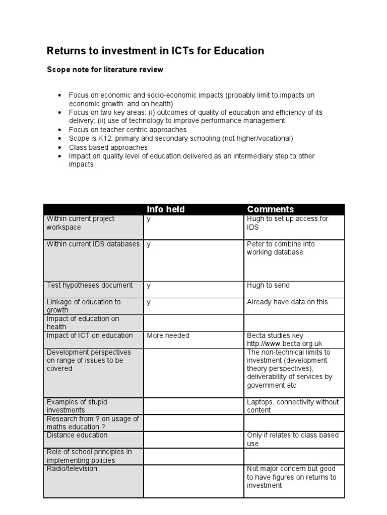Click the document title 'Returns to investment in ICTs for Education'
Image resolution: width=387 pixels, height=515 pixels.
click(155, 51)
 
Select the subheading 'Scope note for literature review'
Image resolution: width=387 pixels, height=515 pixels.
click(105, 70)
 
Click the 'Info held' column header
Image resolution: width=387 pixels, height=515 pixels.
click(165, 209)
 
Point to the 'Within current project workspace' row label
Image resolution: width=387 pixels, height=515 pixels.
click(81, 223)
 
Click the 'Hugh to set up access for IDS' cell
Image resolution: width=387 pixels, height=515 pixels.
click(287, 223)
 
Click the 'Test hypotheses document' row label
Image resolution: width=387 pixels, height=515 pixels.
click(90, 285)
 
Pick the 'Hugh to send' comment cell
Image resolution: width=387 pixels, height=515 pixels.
click(268, 285)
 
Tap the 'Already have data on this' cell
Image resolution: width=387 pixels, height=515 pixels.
click(287, 302)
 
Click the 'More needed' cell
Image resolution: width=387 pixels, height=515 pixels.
click(168, 335)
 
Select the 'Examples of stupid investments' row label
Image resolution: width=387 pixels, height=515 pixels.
click(77, 406)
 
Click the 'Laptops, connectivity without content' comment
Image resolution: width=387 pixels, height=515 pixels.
click(292, 406)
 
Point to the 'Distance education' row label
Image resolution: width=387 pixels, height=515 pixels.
click(77, 435)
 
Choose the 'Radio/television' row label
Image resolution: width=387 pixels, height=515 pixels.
click(72, 469)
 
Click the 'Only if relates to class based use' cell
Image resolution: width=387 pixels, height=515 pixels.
click(292, 439)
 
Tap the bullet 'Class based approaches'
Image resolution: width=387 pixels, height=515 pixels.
click(108, 147)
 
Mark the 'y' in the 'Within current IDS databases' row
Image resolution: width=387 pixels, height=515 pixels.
click(149, 244)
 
